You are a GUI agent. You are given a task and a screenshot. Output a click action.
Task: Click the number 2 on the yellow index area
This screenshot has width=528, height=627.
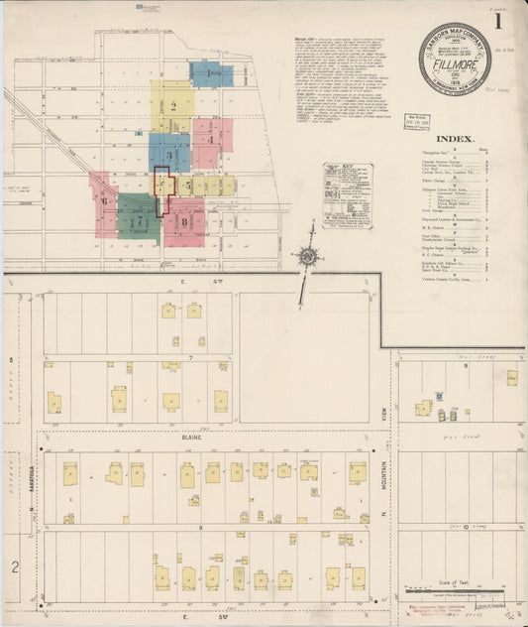pyautogui.click(x=173, y=105)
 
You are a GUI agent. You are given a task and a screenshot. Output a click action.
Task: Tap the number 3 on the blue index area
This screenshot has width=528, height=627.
pyautogui.click(x=169, y=155)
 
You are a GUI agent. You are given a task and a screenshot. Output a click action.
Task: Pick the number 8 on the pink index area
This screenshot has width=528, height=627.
pyautogui.click(x=184, y=222)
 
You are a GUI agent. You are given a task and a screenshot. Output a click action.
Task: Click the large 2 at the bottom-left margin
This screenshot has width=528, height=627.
pyautogui.click(x=14, y=566)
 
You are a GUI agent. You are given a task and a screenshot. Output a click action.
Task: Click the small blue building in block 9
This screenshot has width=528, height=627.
pyautogui.click(x=423, y=409)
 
